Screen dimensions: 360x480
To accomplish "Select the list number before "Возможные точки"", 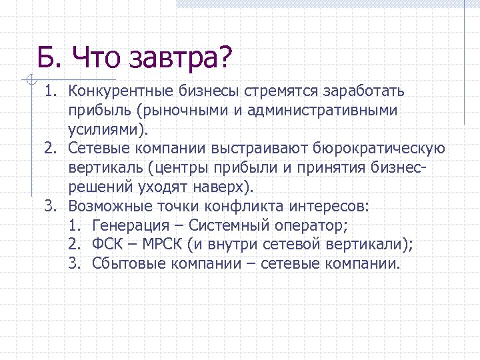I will [x=51, y=205].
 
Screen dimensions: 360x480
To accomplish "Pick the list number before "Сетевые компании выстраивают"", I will [x=51, y=148].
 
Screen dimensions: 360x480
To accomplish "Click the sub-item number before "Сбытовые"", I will [x=75, y=263].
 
